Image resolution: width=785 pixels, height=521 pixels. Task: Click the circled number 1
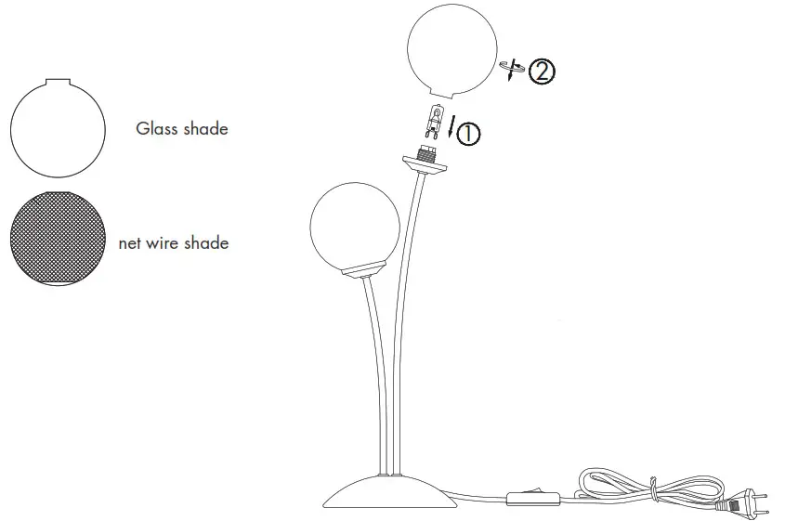[x=469, y=134]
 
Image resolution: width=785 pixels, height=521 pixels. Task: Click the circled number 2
[x=542, y=72]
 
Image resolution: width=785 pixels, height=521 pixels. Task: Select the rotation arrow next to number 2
[x=510, y=70]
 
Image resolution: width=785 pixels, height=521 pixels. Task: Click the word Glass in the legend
[x=156, y=129]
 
